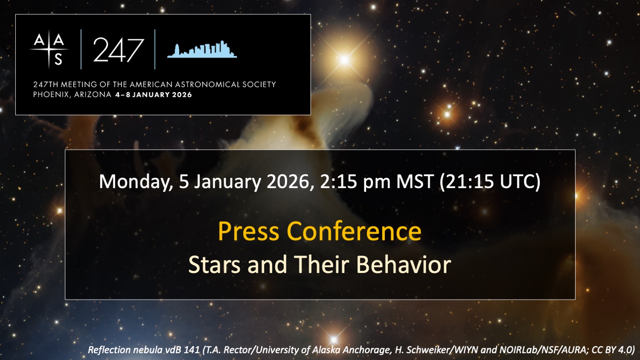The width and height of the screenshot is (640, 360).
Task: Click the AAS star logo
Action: pos(49,49)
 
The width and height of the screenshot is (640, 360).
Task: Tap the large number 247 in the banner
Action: pos(118,50)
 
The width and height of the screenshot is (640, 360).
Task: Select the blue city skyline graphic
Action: pos(202,49)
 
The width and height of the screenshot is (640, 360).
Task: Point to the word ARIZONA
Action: pos(93,95)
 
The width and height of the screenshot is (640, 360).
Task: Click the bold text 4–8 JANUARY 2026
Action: pos(154,95)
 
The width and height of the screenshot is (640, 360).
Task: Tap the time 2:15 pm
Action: pos(355,182)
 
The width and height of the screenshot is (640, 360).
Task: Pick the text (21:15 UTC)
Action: pos(490,182)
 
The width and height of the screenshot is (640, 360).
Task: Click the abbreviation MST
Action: pos(415,181)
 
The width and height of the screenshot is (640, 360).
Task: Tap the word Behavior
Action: pos(404,264)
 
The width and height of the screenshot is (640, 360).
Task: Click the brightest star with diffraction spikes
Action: pos(345,59)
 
